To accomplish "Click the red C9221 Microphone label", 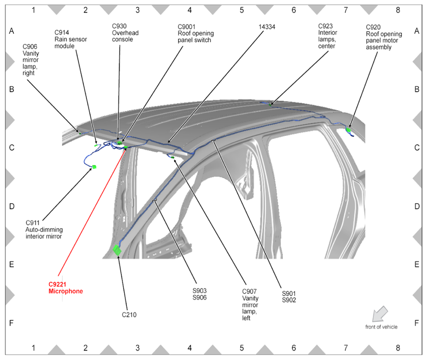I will tap(65, 288).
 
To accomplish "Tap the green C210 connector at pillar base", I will tap(117, 250).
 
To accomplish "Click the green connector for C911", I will tap(94, 167).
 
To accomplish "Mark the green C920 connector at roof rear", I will tap(349, 129).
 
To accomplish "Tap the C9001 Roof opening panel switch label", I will tap(194, 33).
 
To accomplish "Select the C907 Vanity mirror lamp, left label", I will tap(250, 304).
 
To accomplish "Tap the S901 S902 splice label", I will tap(288, 296).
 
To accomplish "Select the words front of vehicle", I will tap(381, 327).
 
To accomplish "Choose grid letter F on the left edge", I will tap(11, 322).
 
